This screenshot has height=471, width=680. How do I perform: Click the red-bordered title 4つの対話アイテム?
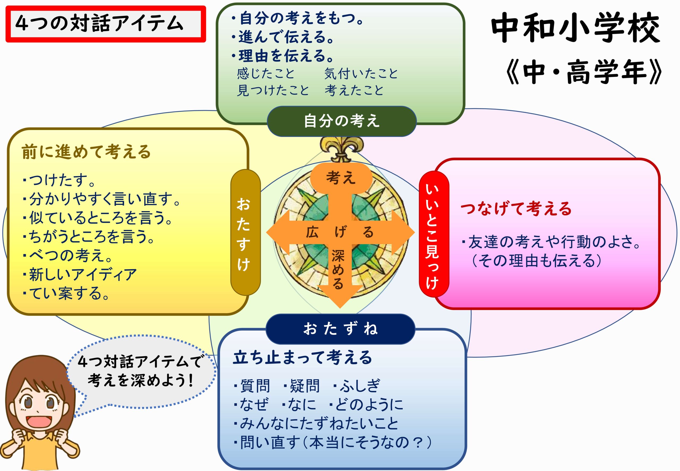pyautogui.click(x=105, y=24)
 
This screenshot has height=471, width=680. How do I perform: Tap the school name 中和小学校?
pyautogui.click(x=575, y=28)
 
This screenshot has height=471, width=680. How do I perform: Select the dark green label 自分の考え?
pyautogui.click(x=342, y=121)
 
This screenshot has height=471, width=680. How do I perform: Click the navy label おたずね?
pyautogui.click(x=340, y=329)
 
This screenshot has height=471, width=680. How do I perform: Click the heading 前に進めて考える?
pyautogui.click(x=86, y=152)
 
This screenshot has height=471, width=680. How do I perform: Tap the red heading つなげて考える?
pyautogui.click(x=516, y=208)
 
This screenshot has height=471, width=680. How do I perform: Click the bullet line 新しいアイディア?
pyautogui.click(x=80, y=275)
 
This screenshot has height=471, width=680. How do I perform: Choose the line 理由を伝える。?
pyautogui.click(x=283, y=56)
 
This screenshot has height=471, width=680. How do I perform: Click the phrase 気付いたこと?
pyautogui.click(x=361, y=73)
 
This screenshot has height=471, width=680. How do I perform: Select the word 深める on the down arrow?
pyautogui.click(x=338, y=269)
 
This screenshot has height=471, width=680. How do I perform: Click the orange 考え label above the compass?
pyautogui.click(x=341, y=178)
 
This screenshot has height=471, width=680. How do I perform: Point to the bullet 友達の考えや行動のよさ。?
pyautogui.click(x=551, y=242)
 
